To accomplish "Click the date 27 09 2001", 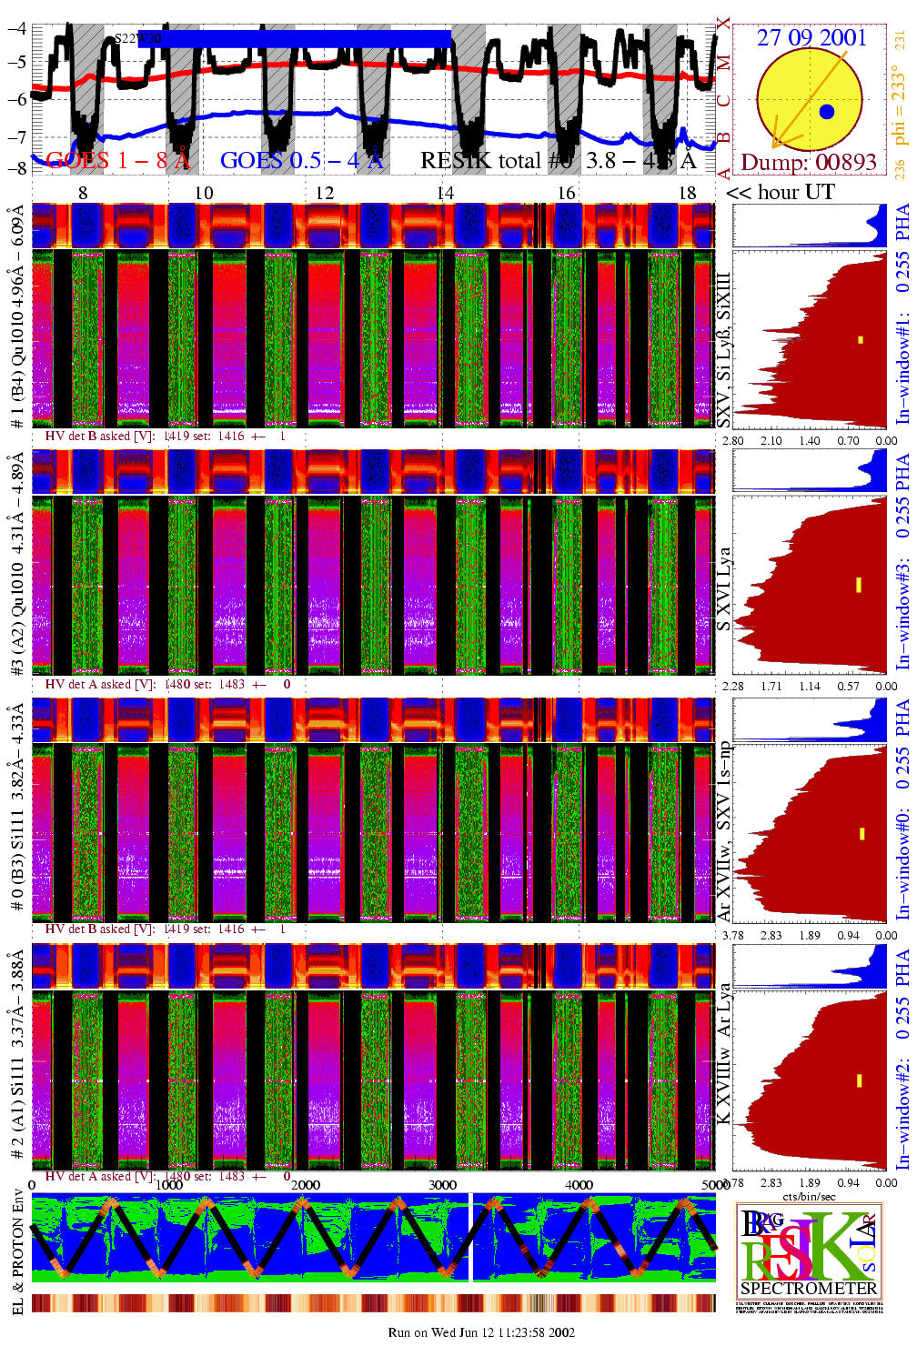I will [811, 37].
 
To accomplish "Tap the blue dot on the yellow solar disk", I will [826, 112].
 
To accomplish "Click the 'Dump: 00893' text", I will [809, 163].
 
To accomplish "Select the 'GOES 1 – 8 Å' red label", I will [117, 161].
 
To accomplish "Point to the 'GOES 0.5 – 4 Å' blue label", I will [302, 161].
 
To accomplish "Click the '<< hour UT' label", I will [781, 192].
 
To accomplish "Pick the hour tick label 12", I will [325, 193].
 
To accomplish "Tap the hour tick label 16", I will [566, 193].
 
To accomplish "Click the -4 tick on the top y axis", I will [16, 27].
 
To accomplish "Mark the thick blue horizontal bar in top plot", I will [306, 38].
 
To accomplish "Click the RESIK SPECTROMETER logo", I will [809, 1250].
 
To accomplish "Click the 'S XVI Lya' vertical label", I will [723, 588].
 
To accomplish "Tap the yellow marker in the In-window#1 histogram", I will [860, 340].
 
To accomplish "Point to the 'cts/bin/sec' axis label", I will [809, 1196].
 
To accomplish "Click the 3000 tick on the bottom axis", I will [442, 1185].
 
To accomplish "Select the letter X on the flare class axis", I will [723, 24].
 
